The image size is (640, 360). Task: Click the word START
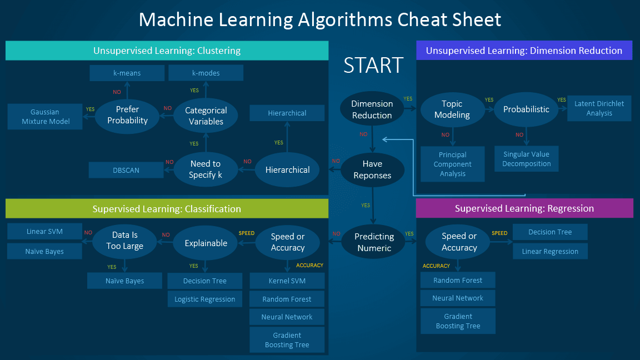(x=373, y=65)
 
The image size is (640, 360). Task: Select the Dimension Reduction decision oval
(x=372, y=109)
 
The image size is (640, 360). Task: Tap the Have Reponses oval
(x=372, y=169)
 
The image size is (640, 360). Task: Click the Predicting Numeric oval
(x=374, y=242)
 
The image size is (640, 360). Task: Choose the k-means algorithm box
(x=127, y=73)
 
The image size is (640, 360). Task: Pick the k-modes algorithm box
(x=206, y=73)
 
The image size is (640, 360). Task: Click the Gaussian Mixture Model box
(x=45, y=117)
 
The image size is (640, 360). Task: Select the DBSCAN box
(x=126, y=170)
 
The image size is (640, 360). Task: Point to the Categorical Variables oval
(x=206, y=116)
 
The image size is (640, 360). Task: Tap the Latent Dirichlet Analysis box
(x=599, y=108)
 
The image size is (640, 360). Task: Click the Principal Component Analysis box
(x=452, y=164)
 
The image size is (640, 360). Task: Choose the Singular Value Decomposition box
(x=526, y=159)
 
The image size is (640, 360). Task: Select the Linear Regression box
(x=550, y=251)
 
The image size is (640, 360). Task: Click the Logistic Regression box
(x=204, y=299)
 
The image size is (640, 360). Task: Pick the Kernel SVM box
(x=287, y=281)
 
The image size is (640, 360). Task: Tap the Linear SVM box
(x=44, y=232)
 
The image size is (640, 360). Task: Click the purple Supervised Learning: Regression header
(x=524, y=208)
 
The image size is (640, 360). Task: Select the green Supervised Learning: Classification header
(x=167, y=209)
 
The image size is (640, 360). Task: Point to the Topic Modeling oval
(x=452, y=109)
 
